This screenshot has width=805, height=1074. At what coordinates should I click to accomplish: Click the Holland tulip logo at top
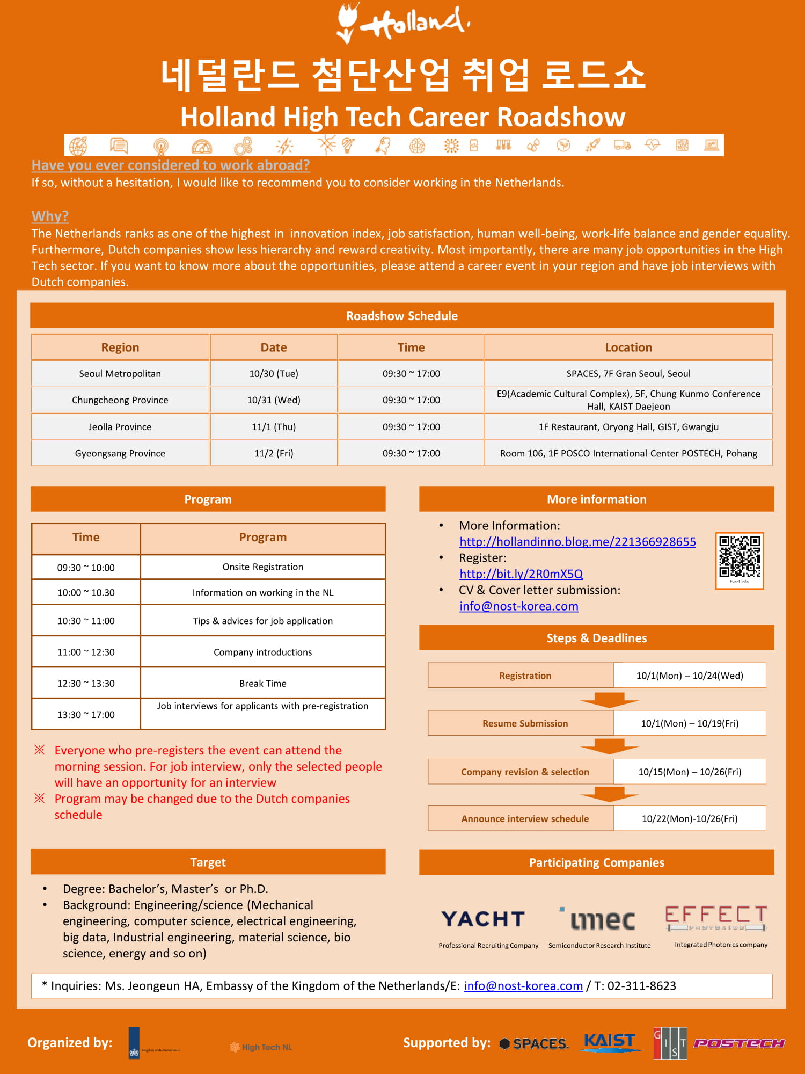402,23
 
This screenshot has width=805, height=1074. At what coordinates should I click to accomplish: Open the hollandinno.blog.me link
577,542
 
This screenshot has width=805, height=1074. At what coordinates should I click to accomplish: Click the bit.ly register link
521,574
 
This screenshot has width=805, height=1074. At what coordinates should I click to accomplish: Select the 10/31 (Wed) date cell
274,400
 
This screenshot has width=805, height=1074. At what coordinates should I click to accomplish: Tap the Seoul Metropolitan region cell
120,374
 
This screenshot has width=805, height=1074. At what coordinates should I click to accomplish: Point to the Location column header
628,347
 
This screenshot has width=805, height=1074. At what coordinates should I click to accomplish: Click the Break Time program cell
263,684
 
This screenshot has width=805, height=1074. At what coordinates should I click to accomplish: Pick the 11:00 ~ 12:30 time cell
86,652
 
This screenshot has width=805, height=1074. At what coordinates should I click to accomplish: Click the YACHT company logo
483,919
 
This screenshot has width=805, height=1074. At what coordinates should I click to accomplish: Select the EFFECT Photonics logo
716,917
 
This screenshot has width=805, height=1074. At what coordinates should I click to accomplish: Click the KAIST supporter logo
610,1042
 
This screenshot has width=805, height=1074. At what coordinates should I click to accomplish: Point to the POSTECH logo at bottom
739,1043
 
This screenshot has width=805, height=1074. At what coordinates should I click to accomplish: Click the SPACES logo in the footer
534,1043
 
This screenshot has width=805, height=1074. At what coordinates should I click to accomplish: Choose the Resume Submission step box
525,723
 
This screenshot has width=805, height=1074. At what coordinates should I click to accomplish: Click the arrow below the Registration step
609,700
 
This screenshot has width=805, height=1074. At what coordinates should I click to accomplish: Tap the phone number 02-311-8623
642,986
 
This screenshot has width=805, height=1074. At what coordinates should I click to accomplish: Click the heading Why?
50,216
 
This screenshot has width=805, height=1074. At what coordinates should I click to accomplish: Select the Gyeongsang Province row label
120,453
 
